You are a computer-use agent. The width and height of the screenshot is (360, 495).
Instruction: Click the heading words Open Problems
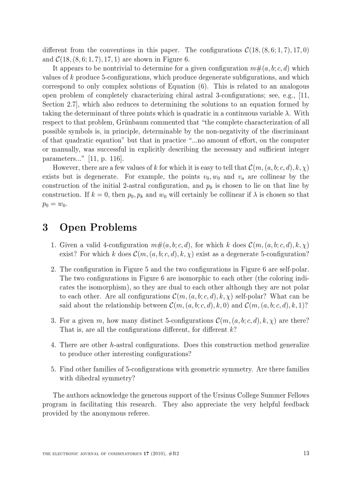click(98, 227)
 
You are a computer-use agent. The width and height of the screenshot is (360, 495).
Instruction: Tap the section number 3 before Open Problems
click(45, 227)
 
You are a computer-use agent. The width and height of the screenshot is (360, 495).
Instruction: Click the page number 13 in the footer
click(306, 453)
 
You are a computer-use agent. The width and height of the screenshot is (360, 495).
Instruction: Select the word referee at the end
click(138, 414)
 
